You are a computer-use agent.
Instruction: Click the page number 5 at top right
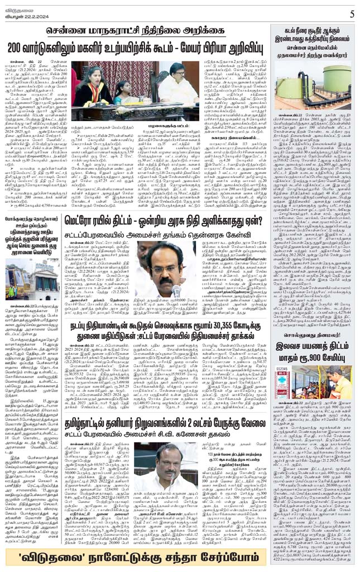pos(352,13)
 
